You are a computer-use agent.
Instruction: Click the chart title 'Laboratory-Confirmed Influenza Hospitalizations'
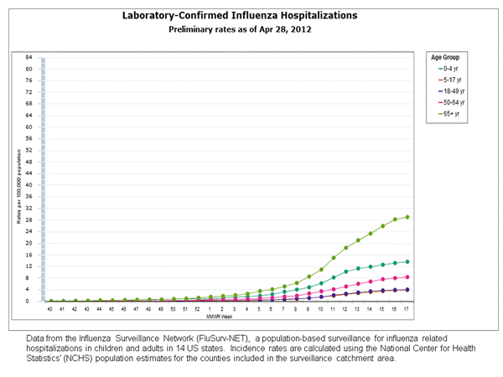click(251, 15)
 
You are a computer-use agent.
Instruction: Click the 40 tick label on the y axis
click(29, 185)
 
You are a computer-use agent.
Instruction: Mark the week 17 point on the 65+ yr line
click(407, 217)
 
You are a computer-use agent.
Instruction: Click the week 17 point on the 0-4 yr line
click(407, 261)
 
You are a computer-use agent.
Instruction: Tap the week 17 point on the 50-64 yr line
click(407, 276)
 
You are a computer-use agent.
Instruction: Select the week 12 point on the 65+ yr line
click(346, 248)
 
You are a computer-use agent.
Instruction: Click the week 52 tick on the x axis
click(198, 308)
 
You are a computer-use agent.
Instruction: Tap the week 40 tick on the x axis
click(50, 308)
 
